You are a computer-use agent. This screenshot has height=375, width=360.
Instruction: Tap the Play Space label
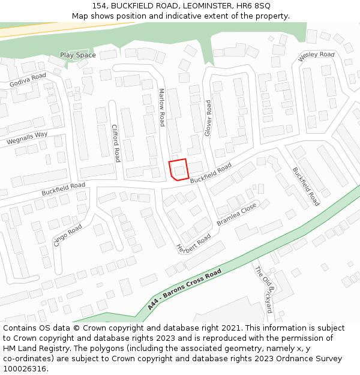tap(77, 55)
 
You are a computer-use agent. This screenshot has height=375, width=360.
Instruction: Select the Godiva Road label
tap(28, 80)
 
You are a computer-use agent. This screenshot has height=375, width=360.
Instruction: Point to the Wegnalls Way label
tap(27, 139)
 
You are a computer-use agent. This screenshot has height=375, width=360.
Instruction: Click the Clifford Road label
tap(116, 143)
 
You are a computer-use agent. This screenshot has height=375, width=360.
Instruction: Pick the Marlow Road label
tap(161, 107)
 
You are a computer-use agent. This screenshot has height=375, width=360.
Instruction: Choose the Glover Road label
tap(208, 118)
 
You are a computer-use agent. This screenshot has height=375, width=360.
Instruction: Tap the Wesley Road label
tap(316, 57)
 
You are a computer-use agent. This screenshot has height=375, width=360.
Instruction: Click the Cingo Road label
tap(68, 235)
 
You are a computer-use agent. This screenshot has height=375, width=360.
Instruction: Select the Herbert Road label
tap(193, 242)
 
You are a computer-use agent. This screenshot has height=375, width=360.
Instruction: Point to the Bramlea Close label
tap(236, 214)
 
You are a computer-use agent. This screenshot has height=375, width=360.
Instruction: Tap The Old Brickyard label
tap(264, 289)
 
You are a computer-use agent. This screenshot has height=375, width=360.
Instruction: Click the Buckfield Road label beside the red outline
tap(211, 174)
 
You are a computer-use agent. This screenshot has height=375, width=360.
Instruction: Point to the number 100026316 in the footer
tap(25, 368)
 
